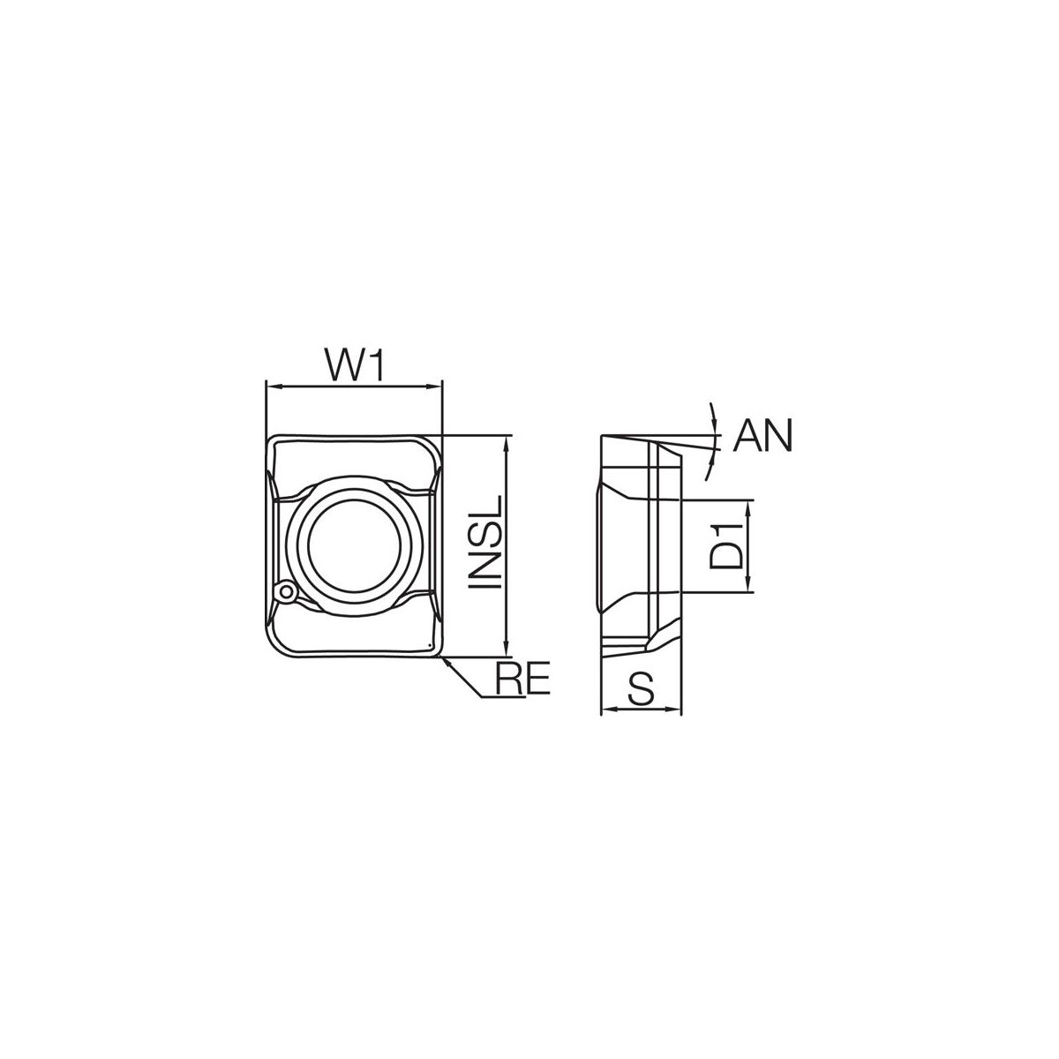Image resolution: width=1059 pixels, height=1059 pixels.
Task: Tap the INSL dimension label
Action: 484,543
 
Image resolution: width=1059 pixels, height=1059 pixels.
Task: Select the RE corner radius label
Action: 522,678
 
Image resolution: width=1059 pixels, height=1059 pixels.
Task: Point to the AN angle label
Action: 763,436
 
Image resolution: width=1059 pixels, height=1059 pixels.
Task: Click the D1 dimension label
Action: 726,546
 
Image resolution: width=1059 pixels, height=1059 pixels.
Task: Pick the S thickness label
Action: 642,690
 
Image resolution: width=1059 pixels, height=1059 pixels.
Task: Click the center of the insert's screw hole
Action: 357,546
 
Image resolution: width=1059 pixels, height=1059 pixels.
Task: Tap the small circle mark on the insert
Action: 286,592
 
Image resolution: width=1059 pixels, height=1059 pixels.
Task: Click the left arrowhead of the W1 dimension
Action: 272,387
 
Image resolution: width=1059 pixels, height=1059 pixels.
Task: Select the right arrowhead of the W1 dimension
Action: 435,387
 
